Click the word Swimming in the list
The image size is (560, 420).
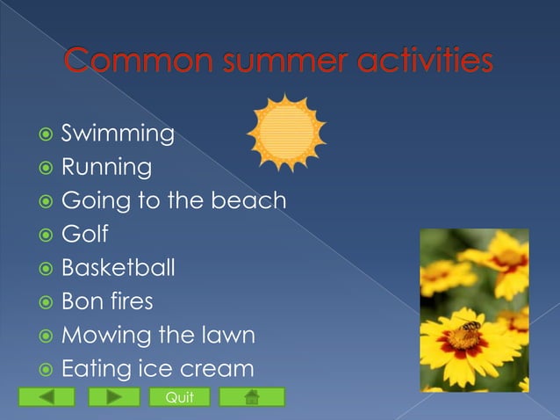coord(117,134)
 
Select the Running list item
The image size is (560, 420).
coord(105,167)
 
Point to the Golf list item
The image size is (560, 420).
coord(84,235)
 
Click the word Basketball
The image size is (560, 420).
coord(118,268)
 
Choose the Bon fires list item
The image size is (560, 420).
coord(106,301)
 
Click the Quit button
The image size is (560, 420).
coord(180,398)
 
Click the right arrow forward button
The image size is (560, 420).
coord(113,398)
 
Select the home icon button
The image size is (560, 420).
coord(252,398)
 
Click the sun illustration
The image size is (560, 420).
coord(286,133)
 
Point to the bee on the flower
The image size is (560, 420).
coord(470,327)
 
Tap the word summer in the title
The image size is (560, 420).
coord(283,62)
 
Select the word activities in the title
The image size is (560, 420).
coord(424,62)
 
